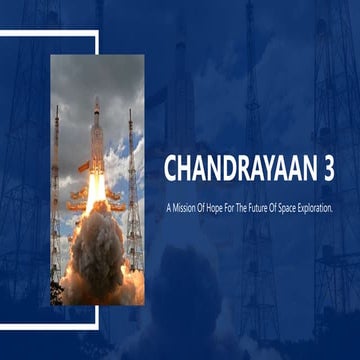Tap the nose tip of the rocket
click(x=96, y=98)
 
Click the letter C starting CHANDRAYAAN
click(x=171, y=169)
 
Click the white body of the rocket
click(x=96, y=140)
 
